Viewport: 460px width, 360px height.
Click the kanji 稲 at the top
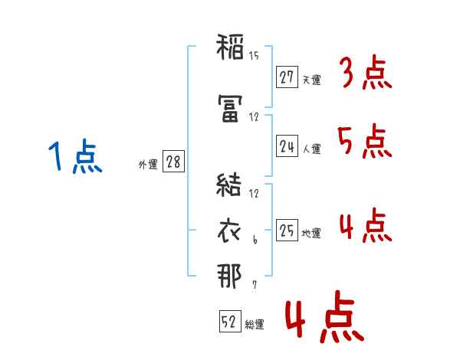[229, 48]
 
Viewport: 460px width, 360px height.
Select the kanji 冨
[229, 113]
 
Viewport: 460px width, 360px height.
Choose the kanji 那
[229, 275]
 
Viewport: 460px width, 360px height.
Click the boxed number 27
[287, 77]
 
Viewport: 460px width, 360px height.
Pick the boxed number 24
[287, 147]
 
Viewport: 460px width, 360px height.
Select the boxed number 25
[287, 230]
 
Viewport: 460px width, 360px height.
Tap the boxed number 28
[173, 163]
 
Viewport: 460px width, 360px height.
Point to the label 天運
[312, 79]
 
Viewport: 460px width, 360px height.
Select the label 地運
[312, 233]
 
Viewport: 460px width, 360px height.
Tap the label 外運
[148, 165]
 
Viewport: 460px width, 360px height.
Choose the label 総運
[255, 325]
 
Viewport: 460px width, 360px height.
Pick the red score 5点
[364, 142]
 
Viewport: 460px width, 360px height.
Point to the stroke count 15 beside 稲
[255, 55]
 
